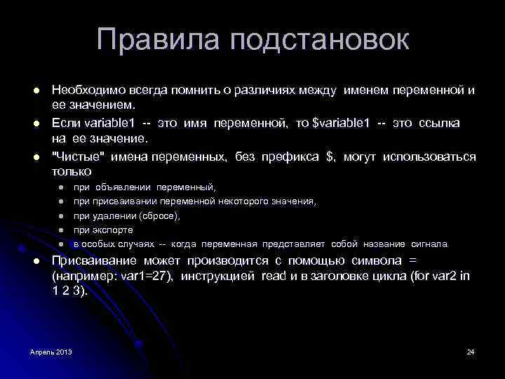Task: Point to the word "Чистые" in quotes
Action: pyautogui.click(x=73, y=157)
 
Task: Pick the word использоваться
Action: pyautogui.click(x=431, y=157)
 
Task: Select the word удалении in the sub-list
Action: pyautogui.click(x=114, y=215)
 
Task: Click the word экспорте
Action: pyautogui.click(x=113, y=230)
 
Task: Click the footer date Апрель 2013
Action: pyautogui.click(x=51, y=351)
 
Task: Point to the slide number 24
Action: pyautogui.click(x=471, y=351)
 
